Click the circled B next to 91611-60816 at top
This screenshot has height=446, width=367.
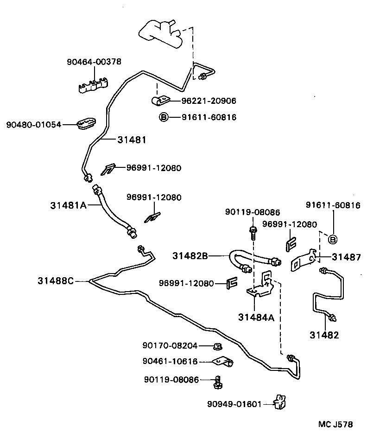163,117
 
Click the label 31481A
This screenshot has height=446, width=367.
69,204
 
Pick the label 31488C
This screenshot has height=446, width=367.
56,280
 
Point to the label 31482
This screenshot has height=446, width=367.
324,335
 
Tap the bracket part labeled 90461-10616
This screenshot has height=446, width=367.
222,362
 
